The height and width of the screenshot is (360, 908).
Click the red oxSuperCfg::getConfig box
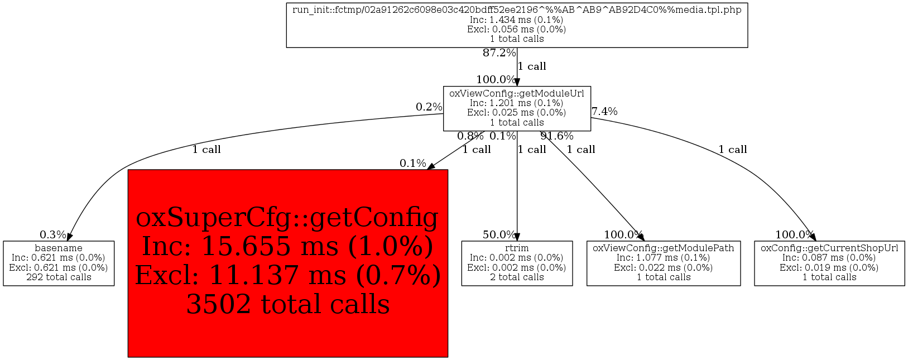[x=287, y=263]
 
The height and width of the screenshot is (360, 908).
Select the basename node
[x=59, y=263]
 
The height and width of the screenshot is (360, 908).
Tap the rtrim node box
[x=517, y=263]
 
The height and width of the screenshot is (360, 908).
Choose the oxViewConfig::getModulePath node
[x=663, y=263]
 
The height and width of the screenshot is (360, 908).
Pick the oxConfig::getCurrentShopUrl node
[x=829, y=263]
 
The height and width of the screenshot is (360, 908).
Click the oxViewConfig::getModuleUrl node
[x=517, y=108]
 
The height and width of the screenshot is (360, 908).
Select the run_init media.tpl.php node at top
[x=517, y=25]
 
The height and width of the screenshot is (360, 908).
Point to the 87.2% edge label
[x=499, y=53]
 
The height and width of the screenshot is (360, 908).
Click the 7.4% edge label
[x=604, y=112]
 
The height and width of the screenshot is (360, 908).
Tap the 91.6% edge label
[x=557, y=136]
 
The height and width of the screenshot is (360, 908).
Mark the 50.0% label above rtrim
[x=499, y=235]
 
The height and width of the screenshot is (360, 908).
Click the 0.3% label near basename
[x=53, y=235]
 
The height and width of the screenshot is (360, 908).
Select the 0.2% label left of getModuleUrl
[x=429, y=107]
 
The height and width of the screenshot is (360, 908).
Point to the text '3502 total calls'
[x=287, y=304]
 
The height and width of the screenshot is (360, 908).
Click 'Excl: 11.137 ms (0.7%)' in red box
[x=287, y=275]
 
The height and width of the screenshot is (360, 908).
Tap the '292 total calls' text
[x=59, y=277]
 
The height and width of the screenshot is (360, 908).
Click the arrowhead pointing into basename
[x=69, y=237]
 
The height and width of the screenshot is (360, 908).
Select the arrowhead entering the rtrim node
[x=517, y=237]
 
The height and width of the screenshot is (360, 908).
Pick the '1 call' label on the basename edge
[x=206, y=150]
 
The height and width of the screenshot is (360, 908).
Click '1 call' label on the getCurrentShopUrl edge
[x=732, y=150]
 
